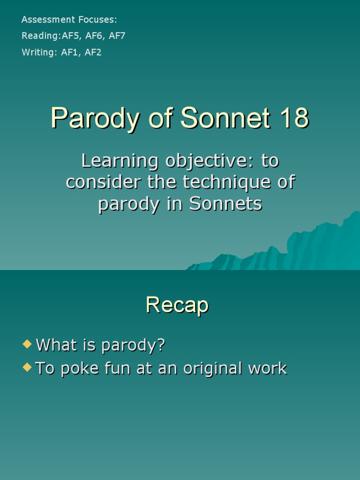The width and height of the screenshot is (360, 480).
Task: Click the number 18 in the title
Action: click(x=294, y=118)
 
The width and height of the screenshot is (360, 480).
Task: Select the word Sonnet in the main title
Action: click(x=225, y=118)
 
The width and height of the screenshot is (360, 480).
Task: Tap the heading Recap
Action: click(x=177, y=305)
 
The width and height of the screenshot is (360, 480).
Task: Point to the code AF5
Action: click(x=71, y=36)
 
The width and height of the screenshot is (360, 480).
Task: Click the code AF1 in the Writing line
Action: click(x=70, y=52)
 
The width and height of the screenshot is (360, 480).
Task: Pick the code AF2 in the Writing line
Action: click(x=93, y=52)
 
